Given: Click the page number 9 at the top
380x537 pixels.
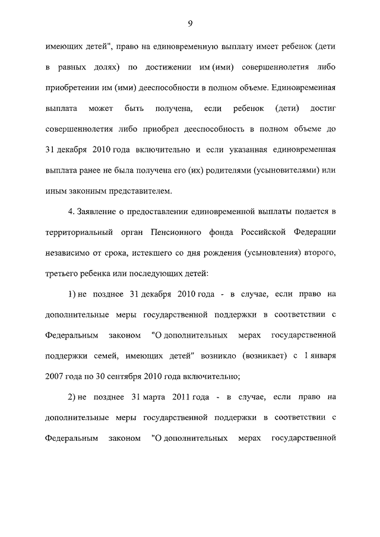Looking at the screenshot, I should (190, 23).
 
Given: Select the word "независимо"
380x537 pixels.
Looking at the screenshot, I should (69, 253).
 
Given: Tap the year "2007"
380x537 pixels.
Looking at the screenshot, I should (55, 376).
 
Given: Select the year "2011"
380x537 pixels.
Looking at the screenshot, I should (184, 398).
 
